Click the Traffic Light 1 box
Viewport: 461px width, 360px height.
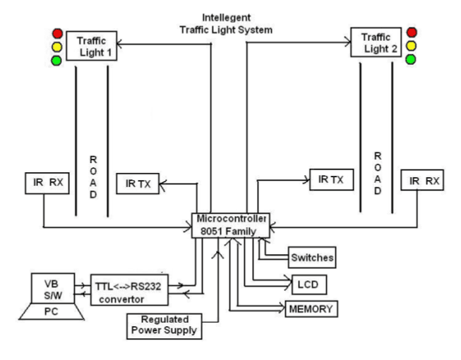tap(90, 44)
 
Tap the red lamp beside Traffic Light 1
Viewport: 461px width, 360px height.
tap(56, 33)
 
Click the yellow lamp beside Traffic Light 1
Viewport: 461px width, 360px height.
tap(56, 47)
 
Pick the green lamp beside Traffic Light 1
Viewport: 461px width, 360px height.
tap(56, 60)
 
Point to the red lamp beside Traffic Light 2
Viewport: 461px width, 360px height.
tap(412, 32)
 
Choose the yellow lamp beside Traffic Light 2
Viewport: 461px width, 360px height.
tap(412, 46)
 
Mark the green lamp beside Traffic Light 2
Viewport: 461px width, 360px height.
tap(412, 59)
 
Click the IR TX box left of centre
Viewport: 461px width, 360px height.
tap(138, 184)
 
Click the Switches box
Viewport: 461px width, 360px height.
tap(311, 257)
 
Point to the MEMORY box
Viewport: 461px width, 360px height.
tap(308, 308)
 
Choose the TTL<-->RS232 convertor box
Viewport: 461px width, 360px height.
tap(130, 289)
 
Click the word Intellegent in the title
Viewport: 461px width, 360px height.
tap(226, 16)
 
